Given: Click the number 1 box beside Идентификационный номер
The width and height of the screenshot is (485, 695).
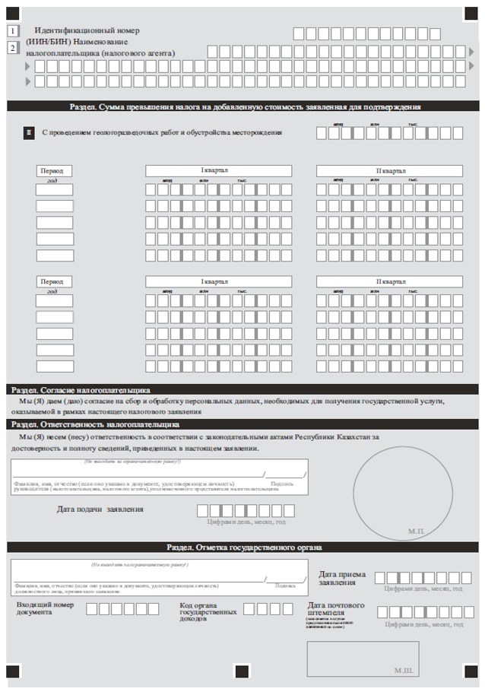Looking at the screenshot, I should click(x=13, y=31).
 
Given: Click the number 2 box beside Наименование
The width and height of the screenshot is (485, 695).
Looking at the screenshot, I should click(x=13, y=47).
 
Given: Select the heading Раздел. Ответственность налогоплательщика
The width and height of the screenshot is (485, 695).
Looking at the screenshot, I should click(x=96, y=424).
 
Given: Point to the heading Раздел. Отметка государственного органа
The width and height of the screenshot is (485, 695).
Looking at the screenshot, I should click(x=244, y=547).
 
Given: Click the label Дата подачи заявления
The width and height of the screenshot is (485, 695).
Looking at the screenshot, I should click(x=100, y=509).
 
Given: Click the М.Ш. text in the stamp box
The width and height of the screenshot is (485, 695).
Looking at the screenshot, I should click(x=404, y=671).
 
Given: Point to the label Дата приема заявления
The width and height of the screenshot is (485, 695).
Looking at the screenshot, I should click(x=342, y=578).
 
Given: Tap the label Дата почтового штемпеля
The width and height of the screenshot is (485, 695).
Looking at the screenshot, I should click(x=336, y=609).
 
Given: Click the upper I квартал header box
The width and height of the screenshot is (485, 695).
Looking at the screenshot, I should click(x=219, y=170).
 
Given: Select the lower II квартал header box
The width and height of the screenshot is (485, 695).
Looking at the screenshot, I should click(x=390, y=281).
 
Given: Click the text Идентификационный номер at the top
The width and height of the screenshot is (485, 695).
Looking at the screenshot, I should click(x=87, y=30).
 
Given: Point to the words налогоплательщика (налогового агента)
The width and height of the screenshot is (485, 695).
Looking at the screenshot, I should click(x=100, y=53).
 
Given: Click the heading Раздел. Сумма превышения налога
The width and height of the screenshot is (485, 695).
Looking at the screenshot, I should click(x=244, y=107).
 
